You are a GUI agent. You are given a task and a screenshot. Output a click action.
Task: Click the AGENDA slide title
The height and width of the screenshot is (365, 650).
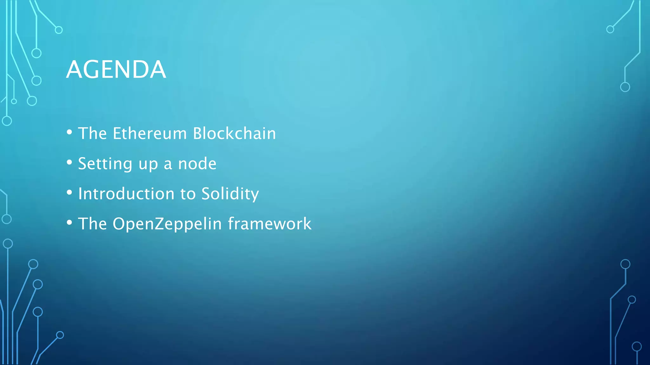pos(116,69)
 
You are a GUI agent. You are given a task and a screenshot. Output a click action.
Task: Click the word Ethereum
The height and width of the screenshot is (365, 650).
pos(150,133)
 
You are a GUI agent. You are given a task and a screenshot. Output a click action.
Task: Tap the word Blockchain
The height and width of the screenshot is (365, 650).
pos(235,133)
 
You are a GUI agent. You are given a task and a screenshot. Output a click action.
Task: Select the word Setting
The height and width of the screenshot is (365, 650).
pos(105,164)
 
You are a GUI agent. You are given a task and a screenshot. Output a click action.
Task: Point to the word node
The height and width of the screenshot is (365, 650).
pos(197,164)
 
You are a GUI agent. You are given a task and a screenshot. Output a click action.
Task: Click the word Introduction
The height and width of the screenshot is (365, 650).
pos(126,194)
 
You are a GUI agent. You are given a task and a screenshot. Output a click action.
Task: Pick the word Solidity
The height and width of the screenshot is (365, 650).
pos(230,194)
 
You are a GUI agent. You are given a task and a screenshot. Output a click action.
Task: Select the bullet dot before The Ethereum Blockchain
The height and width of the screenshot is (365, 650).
pos(70,132)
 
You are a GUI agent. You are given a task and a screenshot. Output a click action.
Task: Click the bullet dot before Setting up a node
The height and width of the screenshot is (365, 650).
pos(70,163)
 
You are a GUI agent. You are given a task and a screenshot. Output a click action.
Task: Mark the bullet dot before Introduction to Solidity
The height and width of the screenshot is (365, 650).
pos(70,193)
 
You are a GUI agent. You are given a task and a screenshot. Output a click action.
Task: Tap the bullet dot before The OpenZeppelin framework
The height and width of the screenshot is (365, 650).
pos(70,223)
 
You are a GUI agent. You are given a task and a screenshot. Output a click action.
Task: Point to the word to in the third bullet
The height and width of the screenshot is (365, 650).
pos(188,194)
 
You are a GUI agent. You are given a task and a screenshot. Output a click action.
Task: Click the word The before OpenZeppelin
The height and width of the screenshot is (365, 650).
pos(92,224)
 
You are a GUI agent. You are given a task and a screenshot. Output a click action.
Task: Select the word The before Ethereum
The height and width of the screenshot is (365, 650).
pos(92,133)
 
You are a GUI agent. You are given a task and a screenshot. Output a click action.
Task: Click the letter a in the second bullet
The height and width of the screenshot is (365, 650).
pos(168,164)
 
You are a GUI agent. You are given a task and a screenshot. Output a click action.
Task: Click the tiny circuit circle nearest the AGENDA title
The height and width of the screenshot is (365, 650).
pos(36,81)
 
